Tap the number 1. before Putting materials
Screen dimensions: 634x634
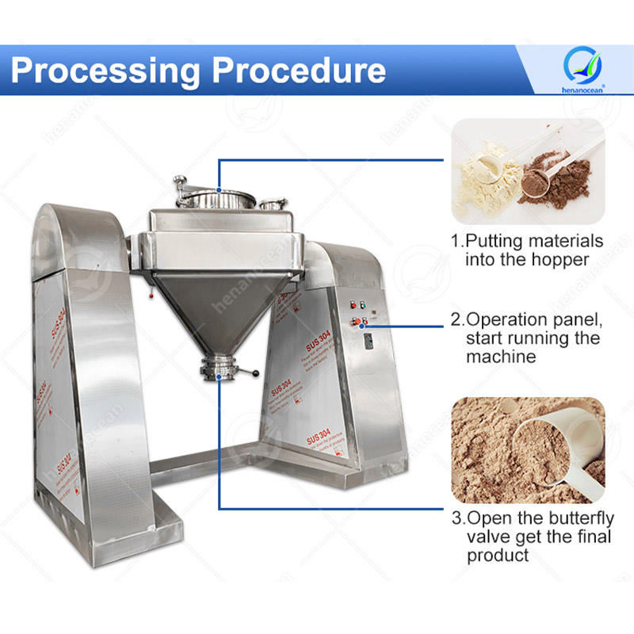tap(457, 241)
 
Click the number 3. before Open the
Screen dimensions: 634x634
tap(457, 519)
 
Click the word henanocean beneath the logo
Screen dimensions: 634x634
tap(583, 89)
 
